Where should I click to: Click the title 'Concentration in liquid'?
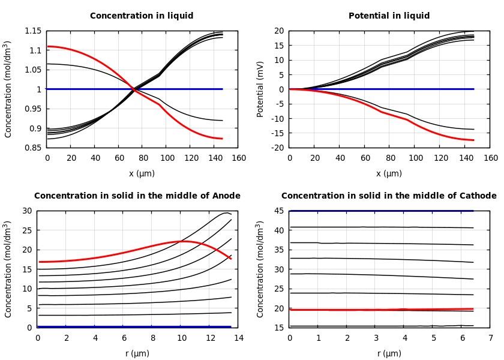[142, 16]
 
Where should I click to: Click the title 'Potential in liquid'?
[389, 16]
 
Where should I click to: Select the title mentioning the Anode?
[137, 196]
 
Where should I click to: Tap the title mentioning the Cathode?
[389, 196]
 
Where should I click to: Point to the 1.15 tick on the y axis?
[33, 31]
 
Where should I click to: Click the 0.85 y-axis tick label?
[33, 148]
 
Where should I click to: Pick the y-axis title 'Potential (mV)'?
[260, 89]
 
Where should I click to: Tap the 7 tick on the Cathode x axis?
[490, 338]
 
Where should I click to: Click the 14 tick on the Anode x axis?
[238, 338]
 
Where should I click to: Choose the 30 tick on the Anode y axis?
[26, 211]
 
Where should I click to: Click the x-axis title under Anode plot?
[137, 353]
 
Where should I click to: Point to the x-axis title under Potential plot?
[389, 173]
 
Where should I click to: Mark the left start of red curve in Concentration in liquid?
[48, 46]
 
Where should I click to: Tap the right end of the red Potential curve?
[473, 140]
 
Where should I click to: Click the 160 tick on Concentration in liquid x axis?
[238, 158]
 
